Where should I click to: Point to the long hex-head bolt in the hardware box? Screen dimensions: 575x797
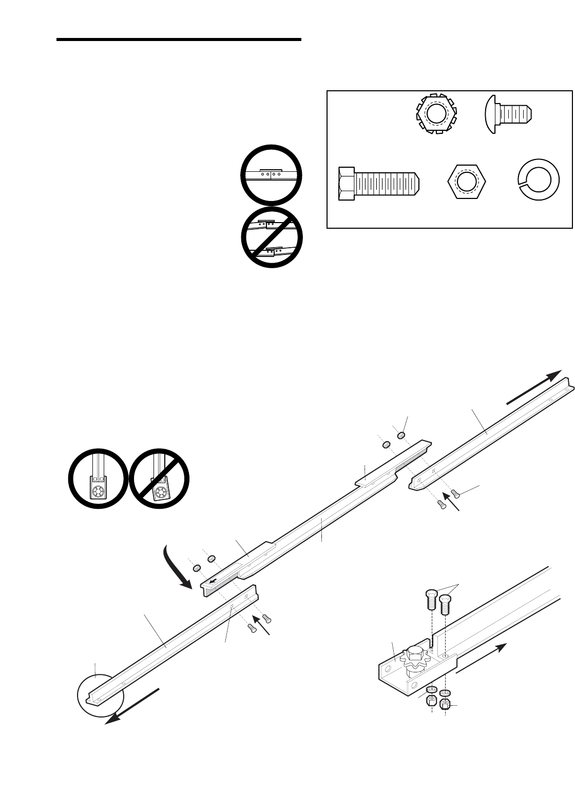click(x=380, y=183)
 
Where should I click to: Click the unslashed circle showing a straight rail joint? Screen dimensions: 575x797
click(x=271, y=175)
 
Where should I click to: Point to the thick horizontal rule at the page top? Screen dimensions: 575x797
click(x=179, y=39)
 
